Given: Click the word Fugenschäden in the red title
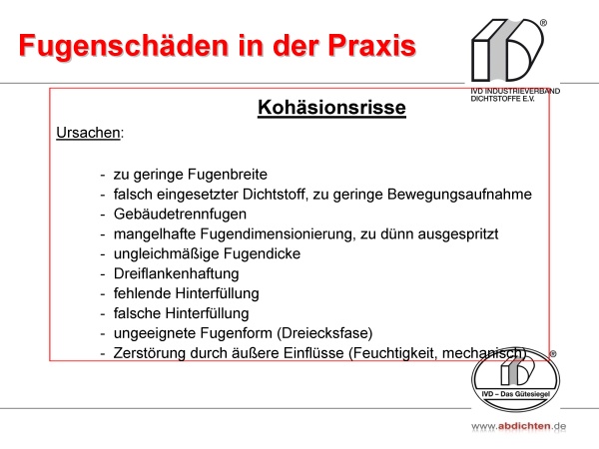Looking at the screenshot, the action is click(124, 47).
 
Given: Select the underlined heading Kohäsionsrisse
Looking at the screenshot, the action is click(331, 108).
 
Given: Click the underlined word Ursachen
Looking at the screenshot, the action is click(88, 133).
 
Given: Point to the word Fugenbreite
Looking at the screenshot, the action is click(229, 174).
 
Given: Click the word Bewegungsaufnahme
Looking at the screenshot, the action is click(459, 195).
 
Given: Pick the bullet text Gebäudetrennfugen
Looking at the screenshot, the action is click(180, 215).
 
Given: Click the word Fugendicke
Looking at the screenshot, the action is click(262, 253).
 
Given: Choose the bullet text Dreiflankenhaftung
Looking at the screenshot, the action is click(176, 273).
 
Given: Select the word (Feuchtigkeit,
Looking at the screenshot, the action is click(393, 353).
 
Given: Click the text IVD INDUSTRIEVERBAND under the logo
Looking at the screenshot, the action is click(515, 91).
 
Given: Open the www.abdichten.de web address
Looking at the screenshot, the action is click(518, 426).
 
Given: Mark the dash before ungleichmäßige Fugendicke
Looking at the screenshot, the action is click(103, 254).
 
